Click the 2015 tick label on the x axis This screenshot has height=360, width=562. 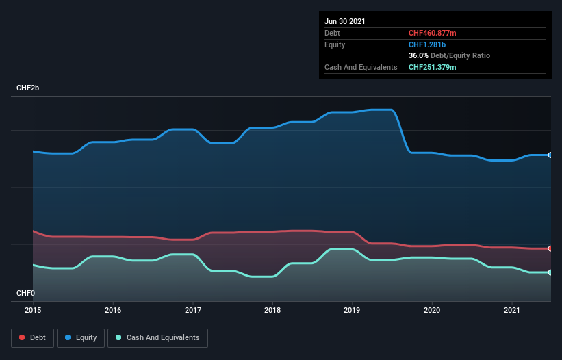pyautogui.click(x=33, y=310)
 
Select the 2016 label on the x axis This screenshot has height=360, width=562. pyautogui.click(x=113, y=310)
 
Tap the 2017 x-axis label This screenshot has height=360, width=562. pyautogui.click(x=193, y=310)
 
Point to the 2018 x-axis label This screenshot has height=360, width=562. pyautogui.click(x=272, y=310)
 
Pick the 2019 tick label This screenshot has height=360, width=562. pyautogui.click(x=353, y=310)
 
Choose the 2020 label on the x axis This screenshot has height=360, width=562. pyautogui.click(x=432, y=310)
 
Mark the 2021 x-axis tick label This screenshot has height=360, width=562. pyautogui.click(x=512, y=310)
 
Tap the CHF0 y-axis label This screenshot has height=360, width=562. pyautogui.click(x=25, y=293)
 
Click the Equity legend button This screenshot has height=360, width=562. pyautogui.click(x=81, y=337)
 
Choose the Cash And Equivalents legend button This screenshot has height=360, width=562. pyautogui.click(x=157, y=337)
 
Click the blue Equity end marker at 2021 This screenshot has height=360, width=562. pyautogui.click(x=550, y=155)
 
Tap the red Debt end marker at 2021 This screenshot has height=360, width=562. pyautogui.click(x=550, y=248)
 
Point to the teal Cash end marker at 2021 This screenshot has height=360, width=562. pyautogui.click(x=550, y=272)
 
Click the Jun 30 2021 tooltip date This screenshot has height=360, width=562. pyautogui.click(x=345, y=21)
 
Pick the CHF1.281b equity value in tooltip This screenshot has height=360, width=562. pyautogui.click(x=427, y=44)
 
